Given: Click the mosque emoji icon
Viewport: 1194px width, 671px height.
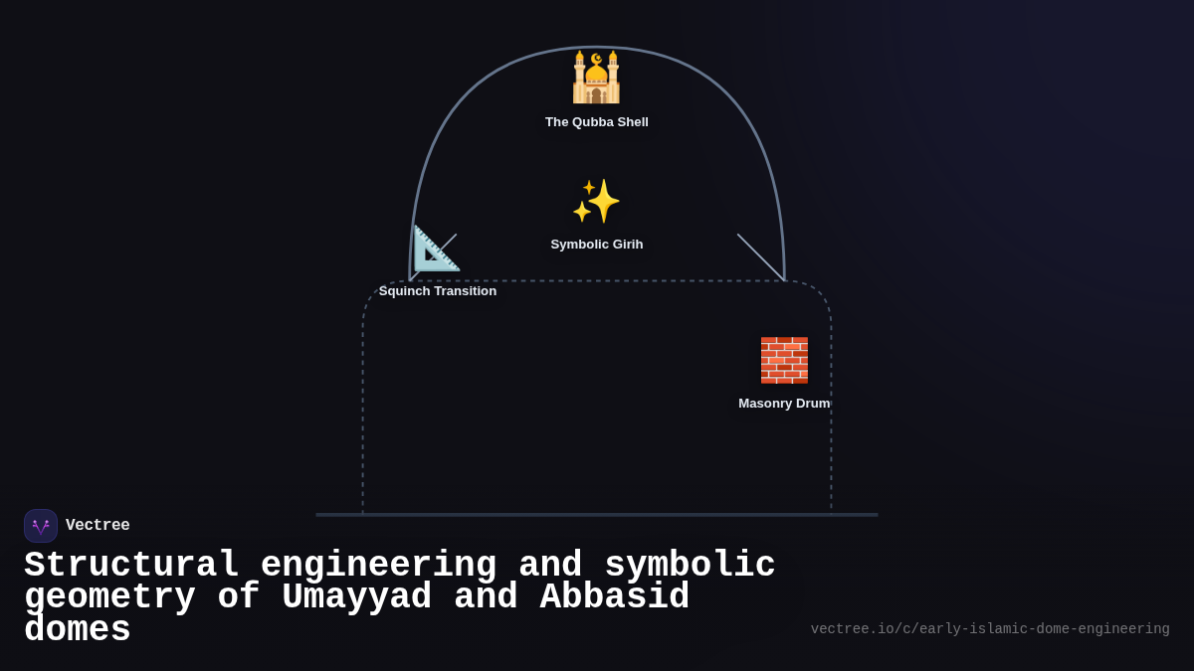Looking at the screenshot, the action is coord(596,78).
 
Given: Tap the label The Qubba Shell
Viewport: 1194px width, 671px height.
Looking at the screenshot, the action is coord(596,122).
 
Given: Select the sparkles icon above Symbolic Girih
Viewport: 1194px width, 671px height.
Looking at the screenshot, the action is coord(596,201).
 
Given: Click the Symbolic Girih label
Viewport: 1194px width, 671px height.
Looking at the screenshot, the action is coord(596,245).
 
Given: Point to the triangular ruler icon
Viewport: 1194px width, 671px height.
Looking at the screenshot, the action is coord(436,249).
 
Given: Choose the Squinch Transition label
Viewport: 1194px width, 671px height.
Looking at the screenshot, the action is coord(437,291).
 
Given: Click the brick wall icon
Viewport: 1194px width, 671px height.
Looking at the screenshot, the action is coord(784,360).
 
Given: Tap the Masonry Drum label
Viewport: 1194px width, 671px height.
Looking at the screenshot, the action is coord(784,404).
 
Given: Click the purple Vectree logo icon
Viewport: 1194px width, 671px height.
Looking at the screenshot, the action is coord(41,526).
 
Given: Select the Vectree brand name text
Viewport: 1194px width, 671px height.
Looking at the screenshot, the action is coord(98,526).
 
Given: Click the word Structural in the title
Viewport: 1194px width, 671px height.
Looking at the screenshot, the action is coord(131,566).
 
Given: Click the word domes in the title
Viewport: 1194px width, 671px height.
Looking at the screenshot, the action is coord(78,630).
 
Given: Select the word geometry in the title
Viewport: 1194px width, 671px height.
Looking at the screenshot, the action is coord(109,597).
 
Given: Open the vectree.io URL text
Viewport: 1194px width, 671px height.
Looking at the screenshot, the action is coord(989,629).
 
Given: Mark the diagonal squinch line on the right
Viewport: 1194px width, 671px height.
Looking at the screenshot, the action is coord(761,257).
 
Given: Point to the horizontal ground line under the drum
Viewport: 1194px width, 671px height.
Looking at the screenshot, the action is coord(597,515).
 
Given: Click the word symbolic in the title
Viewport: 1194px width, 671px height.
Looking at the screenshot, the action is coord(690,566).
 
